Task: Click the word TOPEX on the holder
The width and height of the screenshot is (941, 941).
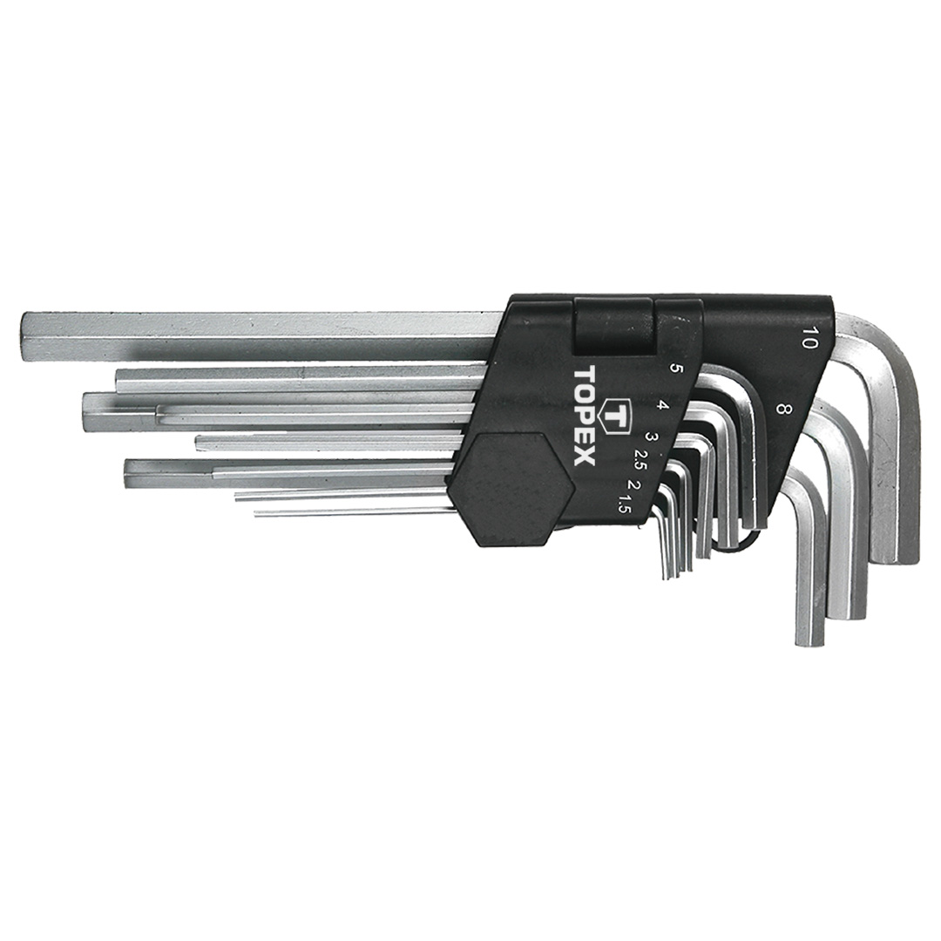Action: coord(584,415)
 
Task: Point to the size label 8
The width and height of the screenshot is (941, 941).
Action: coord(780,410)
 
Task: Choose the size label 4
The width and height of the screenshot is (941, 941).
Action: coord(662,405)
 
